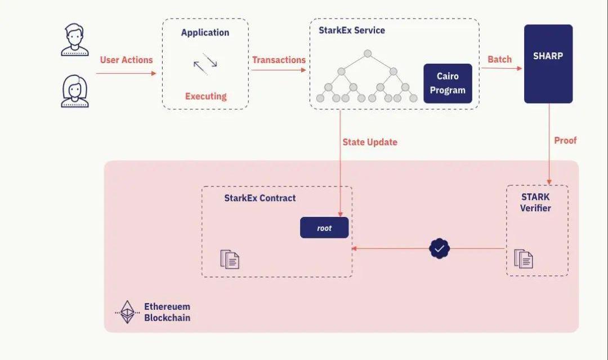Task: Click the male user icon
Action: pyautogui.click(x=75, y=39)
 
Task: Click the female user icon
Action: pyautogui.click(x=75, y=91)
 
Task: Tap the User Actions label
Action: pyautogui.click(x=126, y=60)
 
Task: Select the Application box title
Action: pyautogui.click(x=205, y=33)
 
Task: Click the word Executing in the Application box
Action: pyautogui.click(x=205, y=96)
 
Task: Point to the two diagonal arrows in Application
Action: pyautogui.click(x=205, y=64)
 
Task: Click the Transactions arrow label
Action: pyautogui.click(x=279, y=60)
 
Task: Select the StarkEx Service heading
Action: pyautogui.click(x=352, y=30)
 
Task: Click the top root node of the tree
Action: pyautogui.click(x=368, y=54)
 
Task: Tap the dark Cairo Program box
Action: pyautogui.click(x=448, y=83)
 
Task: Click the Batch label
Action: pyautogui.click(x=499, y=59)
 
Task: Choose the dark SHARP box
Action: pyautogui.click(x=548, y=64)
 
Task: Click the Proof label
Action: pyautogui.click(x=565, y=140)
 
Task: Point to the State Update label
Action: pyautogui.click(x=370, y=142)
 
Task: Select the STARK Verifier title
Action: pyautogui.click(x=535, y=203)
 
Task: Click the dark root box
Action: pyautogui.click(x=324, y=228)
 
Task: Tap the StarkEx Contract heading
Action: pyautogui.click(x=260, y=198)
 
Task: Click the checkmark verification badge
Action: pyautogui.click(x=440, y=248)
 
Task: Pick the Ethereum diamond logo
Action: pyautogui.click(x=127, y=312)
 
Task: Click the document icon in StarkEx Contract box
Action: pyautogui.click(x=230, y=259)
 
